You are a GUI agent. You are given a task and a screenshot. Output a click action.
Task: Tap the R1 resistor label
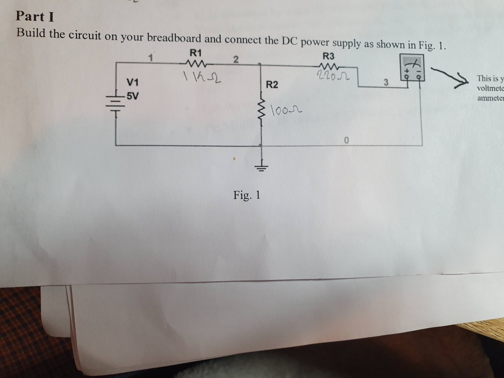click(195, 52)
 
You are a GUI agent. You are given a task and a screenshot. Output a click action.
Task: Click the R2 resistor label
click(272, 84)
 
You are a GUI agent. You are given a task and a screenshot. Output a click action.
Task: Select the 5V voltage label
click(132, 94)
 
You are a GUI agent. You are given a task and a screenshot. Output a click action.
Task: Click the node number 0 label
click(345, 139)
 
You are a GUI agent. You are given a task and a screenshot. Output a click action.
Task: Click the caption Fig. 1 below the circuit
click(246, 195)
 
